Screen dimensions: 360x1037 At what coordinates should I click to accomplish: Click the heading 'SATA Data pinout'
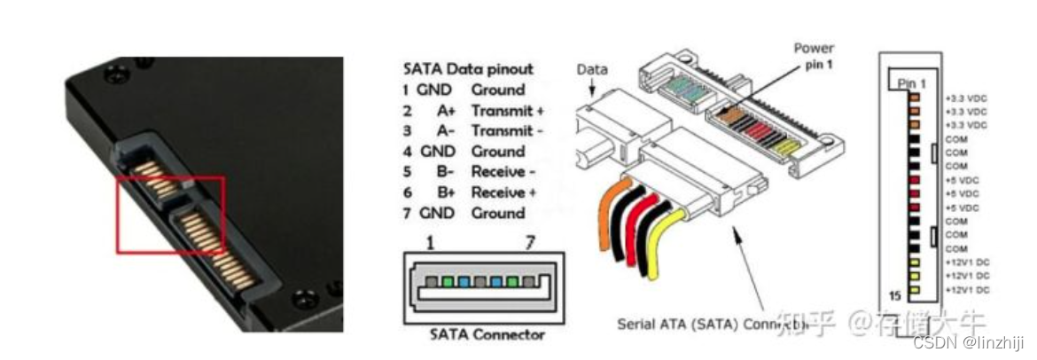point(468,69)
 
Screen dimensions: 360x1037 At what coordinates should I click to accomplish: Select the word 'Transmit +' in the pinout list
point(507,110)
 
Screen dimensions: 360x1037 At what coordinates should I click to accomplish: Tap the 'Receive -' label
point(503,171)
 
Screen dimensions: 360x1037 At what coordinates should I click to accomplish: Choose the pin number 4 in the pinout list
point(405,151)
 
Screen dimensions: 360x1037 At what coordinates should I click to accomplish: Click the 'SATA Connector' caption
point(487,334)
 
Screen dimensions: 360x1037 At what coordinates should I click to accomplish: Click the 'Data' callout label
point(591,70)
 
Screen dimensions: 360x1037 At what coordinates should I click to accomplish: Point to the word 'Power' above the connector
point(814,48)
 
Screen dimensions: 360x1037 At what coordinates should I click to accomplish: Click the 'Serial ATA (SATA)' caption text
point(675,325)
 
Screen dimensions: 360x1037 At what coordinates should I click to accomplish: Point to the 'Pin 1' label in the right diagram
point(911,82)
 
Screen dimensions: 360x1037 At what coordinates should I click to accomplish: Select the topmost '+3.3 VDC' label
point(965,98)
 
